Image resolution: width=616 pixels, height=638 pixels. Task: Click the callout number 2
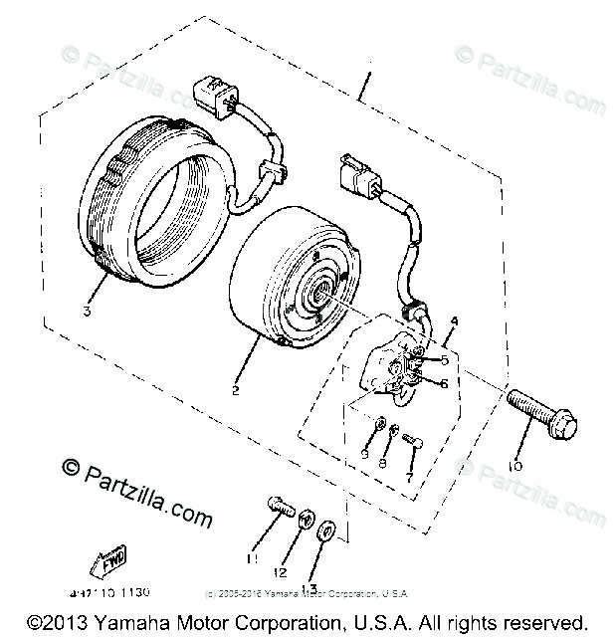point(236,390)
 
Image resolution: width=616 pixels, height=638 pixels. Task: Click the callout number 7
point(408,477)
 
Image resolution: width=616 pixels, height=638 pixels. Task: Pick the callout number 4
point(454,320)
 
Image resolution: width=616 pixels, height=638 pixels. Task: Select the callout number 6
point(445,383)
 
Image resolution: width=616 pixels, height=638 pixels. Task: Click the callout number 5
point(445,361)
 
